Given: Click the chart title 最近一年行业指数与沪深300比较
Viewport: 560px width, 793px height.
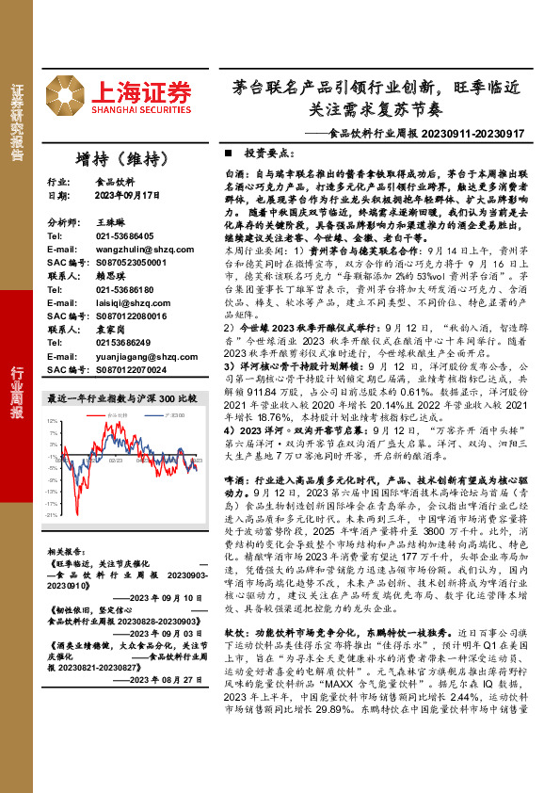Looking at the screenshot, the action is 121,397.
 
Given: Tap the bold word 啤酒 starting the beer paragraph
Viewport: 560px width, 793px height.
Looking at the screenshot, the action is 232,479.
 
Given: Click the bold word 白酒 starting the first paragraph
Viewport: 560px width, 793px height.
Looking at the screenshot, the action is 232,175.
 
